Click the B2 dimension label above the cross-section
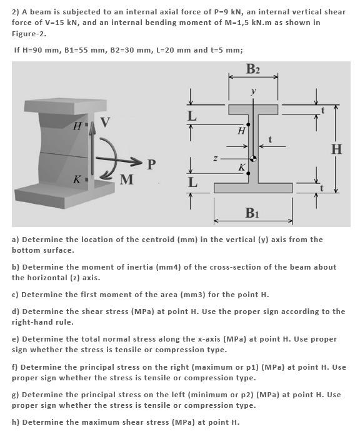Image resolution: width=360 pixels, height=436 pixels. click(252, 68)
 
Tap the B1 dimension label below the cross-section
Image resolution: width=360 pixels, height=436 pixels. click(252, 213)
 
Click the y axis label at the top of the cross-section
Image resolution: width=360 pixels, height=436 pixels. click(253, 91)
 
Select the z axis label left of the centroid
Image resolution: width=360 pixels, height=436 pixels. click(214, 159)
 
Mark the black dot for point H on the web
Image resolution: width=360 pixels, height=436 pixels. click(249, 124)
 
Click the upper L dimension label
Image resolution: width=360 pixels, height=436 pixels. click(192, 116)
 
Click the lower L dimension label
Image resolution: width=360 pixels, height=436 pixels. click(192, 183)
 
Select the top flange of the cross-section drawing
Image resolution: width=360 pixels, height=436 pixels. click(252, 109)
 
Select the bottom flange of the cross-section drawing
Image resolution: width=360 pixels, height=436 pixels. click(252, 188)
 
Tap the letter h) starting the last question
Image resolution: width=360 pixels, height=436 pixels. click(16, 422)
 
